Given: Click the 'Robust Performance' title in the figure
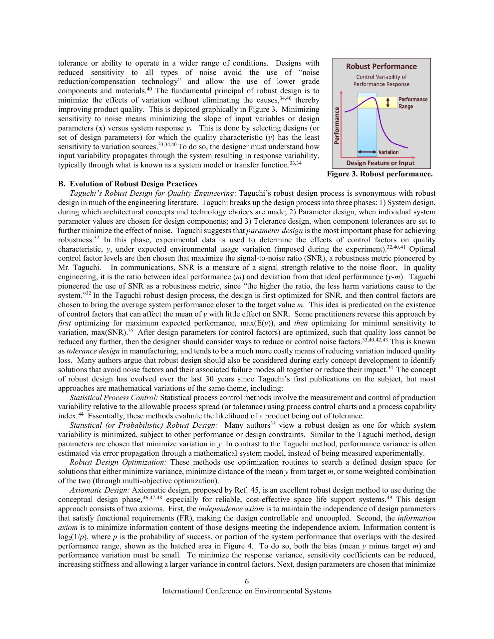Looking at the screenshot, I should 381,66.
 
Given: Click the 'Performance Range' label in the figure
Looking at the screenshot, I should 412,103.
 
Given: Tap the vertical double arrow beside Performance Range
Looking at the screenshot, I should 388,103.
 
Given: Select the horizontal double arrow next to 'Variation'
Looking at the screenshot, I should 367,152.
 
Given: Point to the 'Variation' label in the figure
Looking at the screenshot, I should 388,152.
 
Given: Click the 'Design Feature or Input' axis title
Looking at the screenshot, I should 380,163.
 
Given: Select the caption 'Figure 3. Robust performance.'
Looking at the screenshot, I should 379,174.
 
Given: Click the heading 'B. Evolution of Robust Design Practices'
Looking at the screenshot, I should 128,184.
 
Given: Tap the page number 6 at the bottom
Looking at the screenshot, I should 247,582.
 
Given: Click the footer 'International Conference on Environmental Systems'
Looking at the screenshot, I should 247,591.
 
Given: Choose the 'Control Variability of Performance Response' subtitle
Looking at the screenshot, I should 381,81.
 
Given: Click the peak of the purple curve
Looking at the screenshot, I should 373,98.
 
